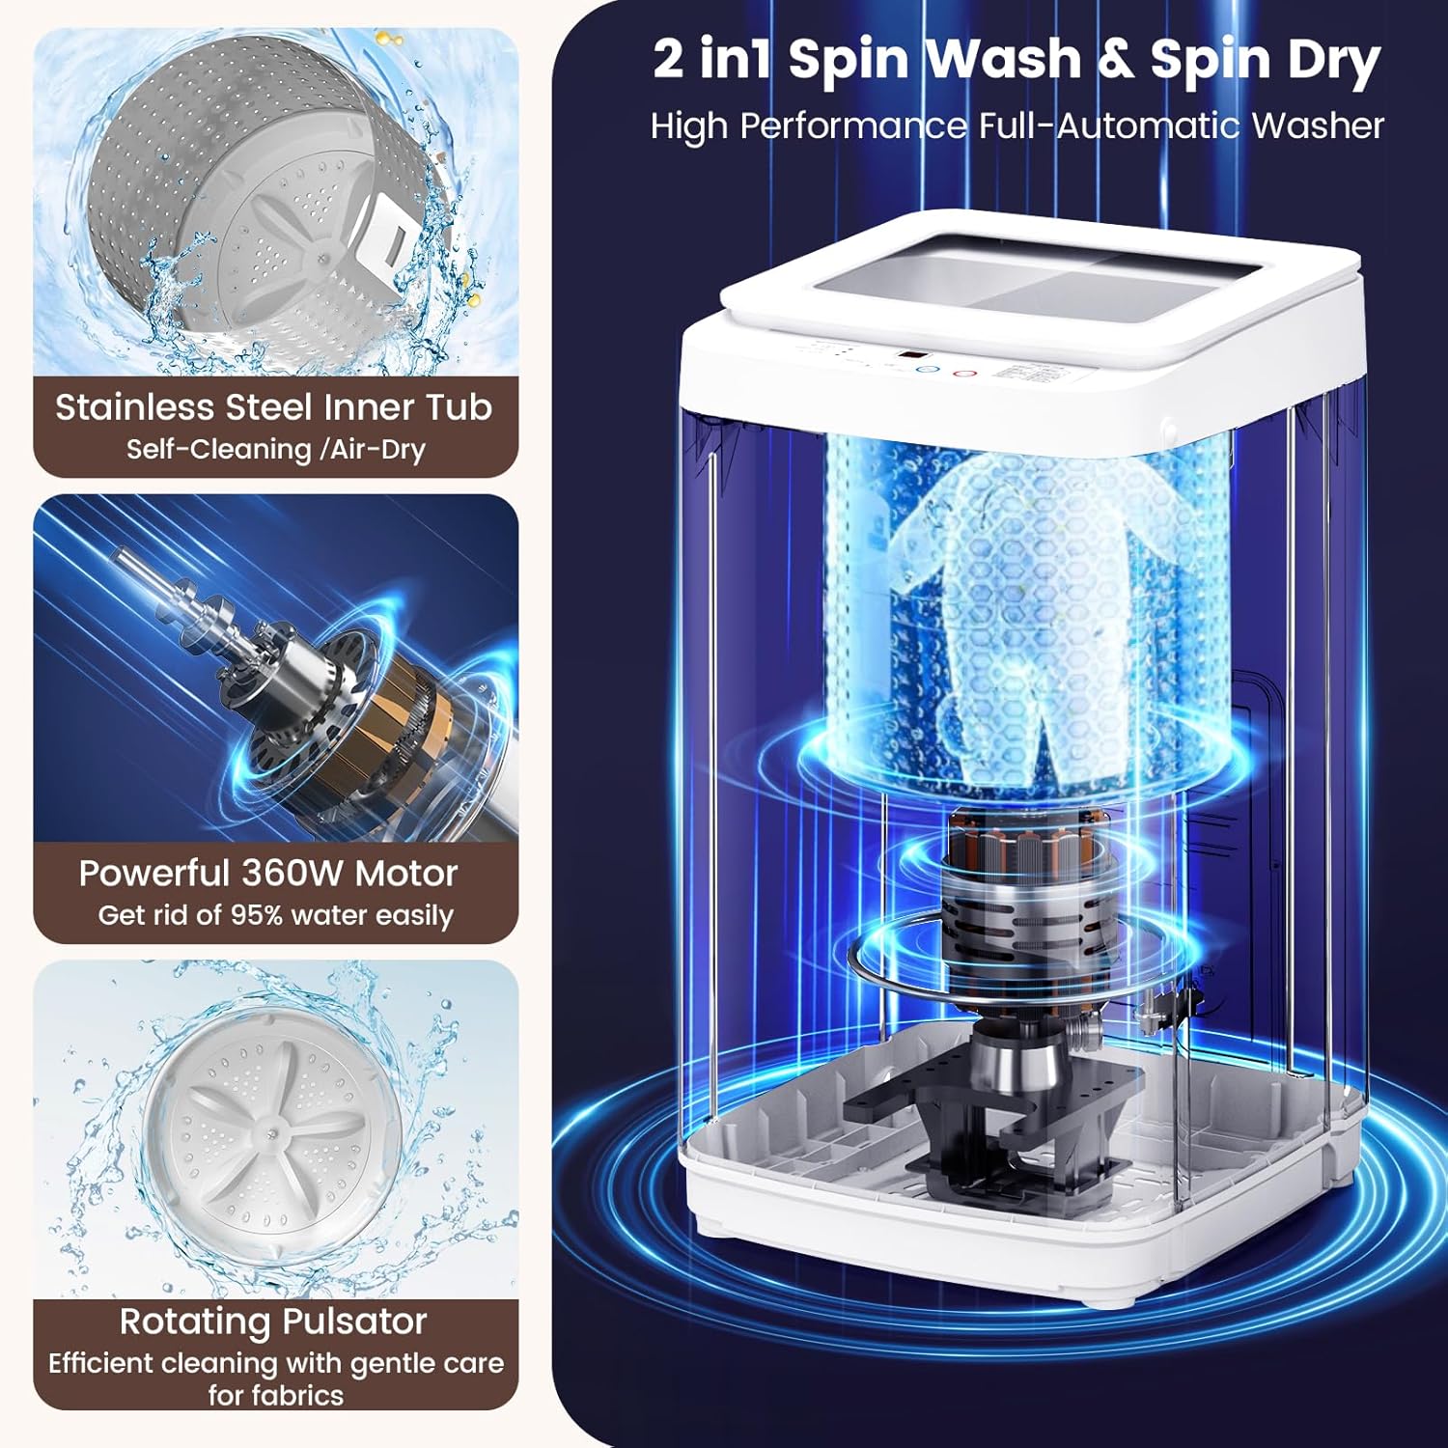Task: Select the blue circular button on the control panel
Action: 925,370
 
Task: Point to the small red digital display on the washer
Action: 905,357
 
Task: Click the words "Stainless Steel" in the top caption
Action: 183,407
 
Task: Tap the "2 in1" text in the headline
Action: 712,60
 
